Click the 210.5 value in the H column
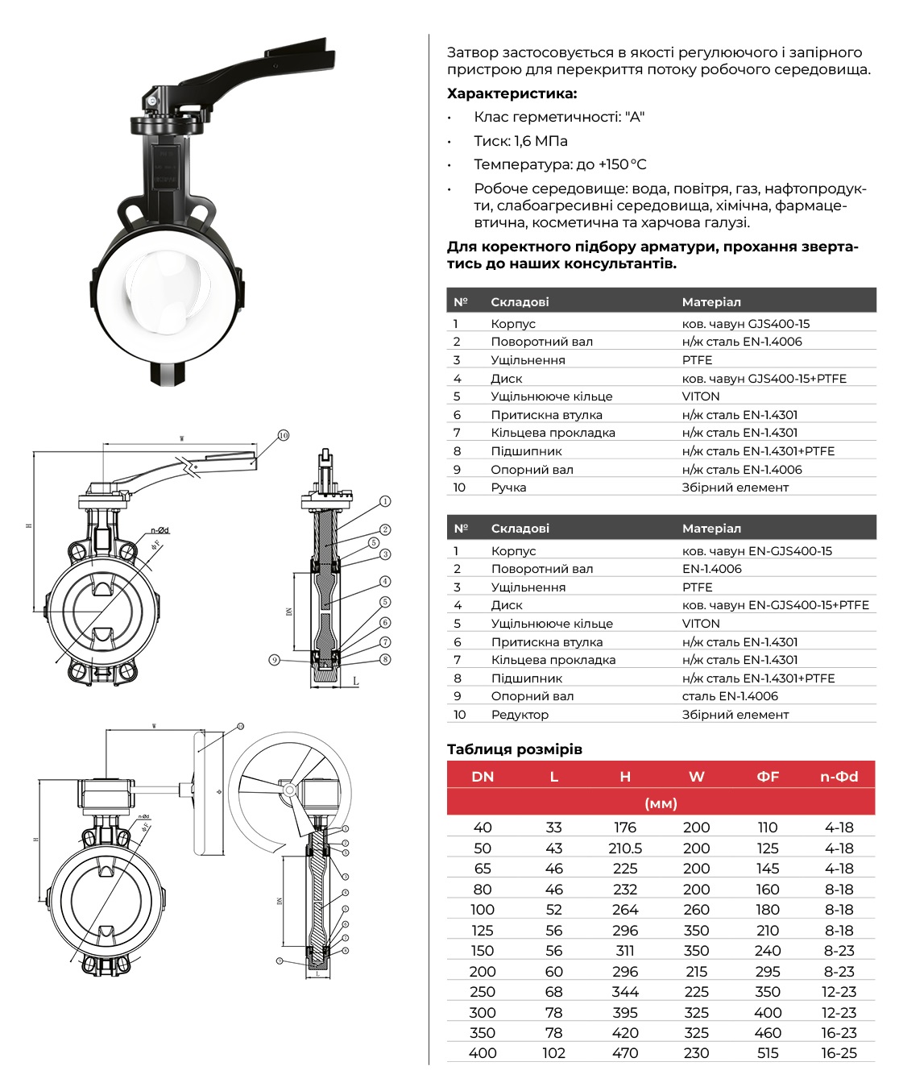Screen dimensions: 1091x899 point(625,848)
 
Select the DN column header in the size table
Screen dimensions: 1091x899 point(483,777)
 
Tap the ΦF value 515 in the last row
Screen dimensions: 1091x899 point(768,1053)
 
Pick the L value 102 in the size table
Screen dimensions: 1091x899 point(553,1053)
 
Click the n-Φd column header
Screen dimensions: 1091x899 point(839,777)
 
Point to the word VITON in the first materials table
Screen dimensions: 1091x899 point(701,396)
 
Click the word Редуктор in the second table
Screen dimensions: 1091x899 point(520,715)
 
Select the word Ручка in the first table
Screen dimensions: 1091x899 point(508,487)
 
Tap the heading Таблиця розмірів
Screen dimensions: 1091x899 point(515,749)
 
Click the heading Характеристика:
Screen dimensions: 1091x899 point(512,93)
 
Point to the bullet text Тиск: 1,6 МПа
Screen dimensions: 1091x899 point(520,141)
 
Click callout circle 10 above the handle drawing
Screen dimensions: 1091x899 point(284,435)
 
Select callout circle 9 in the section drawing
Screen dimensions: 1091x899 point(275,660)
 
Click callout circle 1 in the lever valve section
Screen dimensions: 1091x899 point(386,501)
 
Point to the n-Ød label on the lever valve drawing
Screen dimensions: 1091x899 point(159,530)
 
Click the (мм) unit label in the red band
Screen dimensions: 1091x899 point(661,803)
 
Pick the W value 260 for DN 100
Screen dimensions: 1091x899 point(696,910)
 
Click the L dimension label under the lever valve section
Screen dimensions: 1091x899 point(355,682)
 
